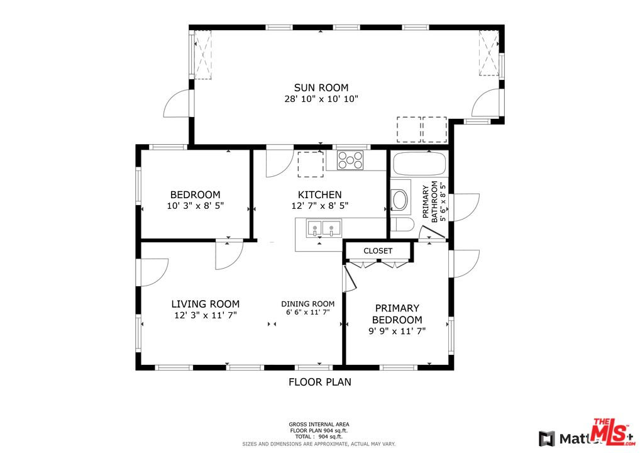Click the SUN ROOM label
pyautogui.click(x=321, y=88)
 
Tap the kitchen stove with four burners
pyautogui.click(x=350, y=160)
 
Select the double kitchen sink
pyautogui.click(x=323, y=228)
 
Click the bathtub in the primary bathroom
pyautogui.click(x=419, y=165)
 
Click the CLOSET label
pyautogui.click(x=378, y=251)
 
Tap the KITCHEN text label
pyautogui.click(x=319, y=195)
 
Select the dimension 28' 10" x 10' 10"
pyautogui.click(x=321, y=99)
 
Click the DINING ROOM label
pyautogui.click(x=307, y=304)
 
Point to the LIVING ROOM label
pyautogui.click(x=205, y=304)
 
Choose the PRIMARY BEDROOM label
pyautogui.click(x=397, y=314)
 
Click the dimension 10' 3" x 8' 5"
pyautogui.click(x=195, y=206)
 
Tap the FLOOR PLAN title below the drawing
pyautogui.click(x=319, y=382)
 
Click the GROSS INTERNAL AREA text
pyautogui.click(x=319, y=424)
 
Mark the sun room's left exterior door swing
pyautogui.click(x=177, y=104)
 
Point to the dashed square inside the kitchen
pyautogui.click(x=310, y=164)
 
